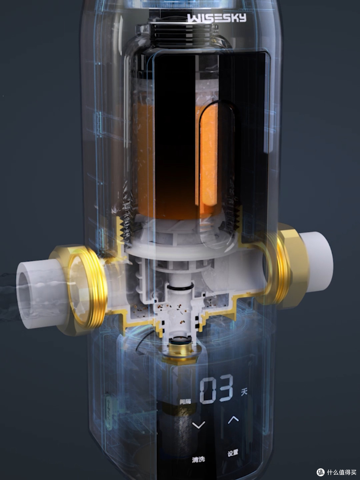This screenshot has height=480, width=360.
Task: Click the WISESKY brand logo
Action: pos(217,18)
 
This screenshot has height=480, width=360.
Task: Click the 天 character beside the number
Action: pos(244,392)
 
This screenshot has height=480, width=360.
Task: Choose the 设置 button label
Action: pos(233,453)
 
